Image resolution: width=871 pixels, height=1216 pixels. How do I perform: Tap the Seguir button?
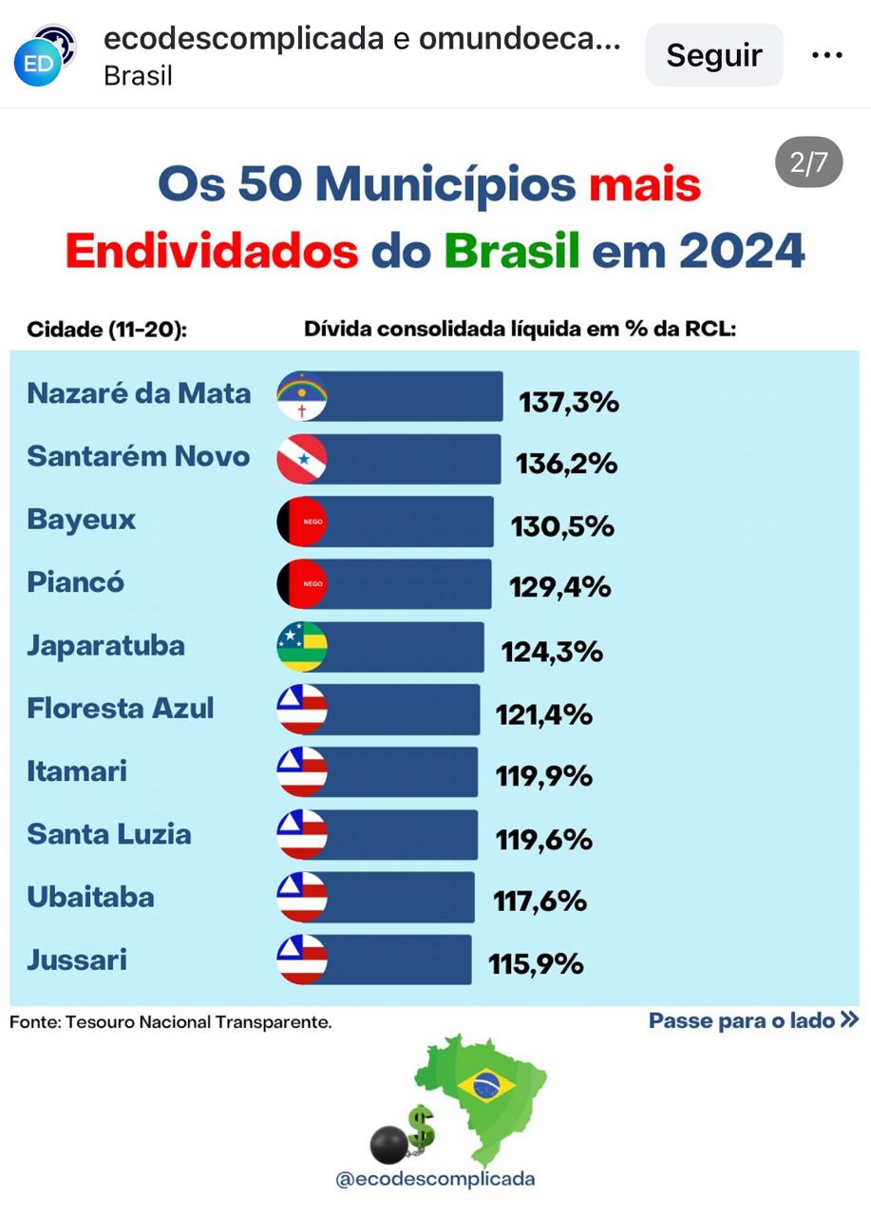tap(713, 55)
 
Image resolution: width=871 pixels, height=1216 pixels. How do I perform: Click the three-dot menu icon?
tap(826, 55)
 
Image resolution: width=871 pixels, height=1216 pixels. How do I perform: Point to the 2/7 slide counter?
tap(808, 162)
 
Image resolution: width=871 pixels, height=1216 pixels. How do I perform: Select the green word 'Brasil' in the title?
tap(511, 250)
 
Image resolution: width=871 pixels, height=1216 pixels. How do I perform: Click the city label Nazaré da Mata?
tap(139, 393)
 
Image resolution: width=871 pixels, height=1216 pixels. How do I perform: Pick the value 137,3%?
tap(568, 403)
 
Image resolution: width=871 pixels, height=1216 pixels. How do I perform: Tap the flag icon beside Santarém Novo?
tap(302, 459)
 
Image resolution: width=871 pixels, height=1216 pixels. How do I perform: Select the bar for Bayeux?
tap(408, 522)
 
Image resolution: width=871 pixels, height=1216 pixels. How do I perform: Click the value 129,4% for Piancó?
tap(559, 587)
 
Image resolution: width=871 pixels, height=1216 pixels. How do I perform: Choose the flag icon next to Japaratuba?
tap(302, 647)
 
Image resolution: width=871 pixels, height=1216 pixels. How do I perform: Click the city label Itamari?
tap(77, 770)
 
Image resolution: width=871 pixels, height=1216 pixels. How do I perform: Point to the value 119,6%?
tap(543, 840)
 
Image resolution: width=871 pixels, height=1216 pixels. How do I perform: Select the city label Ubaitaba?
tap(90, 897)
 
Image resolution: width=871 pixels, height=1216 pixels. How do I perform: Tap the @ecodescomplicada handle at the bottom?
tap(435, 1180)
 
